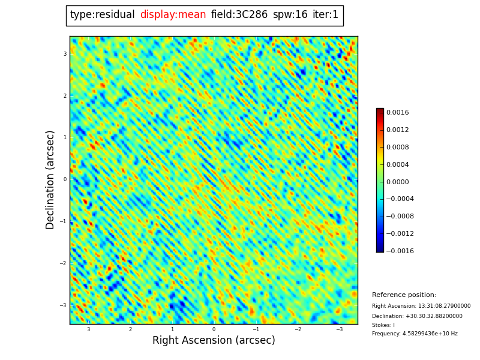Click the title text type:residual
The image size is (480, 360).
point(102,15)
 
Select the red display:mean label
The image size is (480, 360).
point(173,15)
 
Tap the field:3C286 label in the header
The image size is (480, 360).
point(239,15)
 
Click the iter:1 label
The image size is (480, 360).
point(325,15)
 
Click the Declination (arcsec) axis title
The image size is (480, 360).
point(50,179)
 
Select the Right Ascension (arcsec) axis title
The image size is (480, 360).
point(214,341)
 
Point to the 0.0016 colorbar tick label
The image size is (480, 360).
point(397,113)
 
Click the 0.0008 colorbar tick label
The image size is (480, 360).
point(397,148)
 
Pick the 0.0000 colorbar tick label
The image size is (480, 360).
point(397,182)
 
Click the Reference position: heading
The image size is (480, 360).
point(404,295)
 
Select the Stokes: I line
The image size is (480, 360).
point(383,325)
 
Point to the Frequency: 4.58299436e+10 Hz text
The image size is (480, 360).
point(415,334)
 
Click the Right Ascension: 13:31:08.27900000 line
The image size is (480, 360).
point(421,306)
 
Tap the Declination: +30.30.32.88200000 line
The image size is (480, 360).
point(417,316)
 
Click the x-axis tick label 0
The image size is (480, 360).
point(214,329)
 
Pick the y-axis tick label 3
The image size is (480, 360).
point(65,54)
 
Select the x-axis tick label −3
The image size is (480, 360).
point(339,329)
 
